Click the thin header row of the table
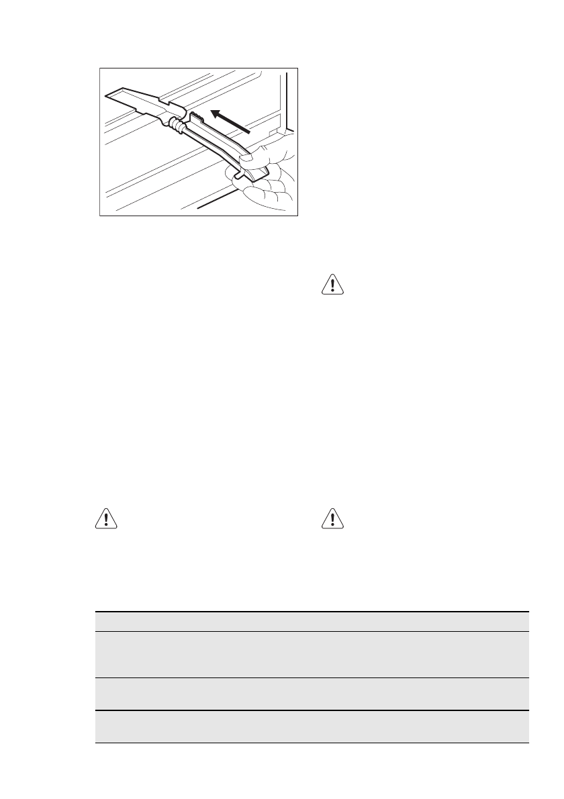tap(312, 621)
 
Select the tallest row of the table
tap(312, 654)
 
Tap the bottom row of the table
tap(312, 726)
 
